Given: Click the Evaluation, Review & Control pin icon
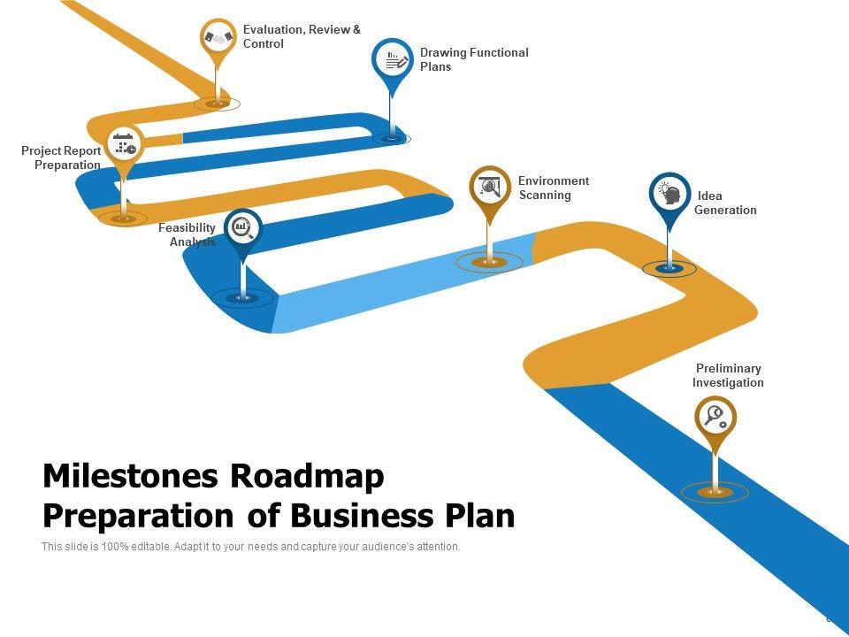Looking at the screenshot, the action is [218, 38].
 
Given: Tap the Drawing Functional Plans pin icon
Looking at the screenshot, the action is [391, 59].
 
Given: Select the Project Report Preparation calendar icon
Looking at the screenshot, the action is [124, 143].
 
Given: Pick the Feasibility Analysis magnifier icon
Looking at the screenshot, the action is [243, 228].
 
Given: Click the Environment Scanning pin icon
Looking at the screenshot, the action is [490, 186].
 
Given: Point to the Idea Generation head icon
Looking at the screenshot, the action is [670, 193].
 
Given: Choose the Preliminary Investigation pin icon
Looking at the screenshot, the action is [715, 415].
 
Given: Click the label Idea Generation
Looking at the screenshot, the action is [725, 203].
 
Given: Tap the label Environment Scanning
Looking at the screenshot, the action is [554, 188].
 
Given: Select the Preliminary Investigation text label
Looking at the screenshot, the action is [728, 376].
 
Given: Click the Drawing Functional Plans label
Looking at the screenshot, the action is [474, 59].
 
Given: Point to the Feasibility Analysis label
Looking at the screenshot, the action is [187, 235].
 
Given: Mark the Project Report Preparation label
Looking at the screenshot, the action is [62, 158].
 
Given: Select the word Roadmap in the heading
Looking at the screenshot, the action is [308, 477].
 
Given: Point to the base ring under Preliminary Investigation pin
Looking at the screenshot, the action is [715, 492].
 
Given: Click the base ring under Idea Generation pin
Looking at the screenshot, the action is [669, 268].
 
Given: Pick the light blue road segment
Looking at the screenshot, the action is [398, 283].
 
